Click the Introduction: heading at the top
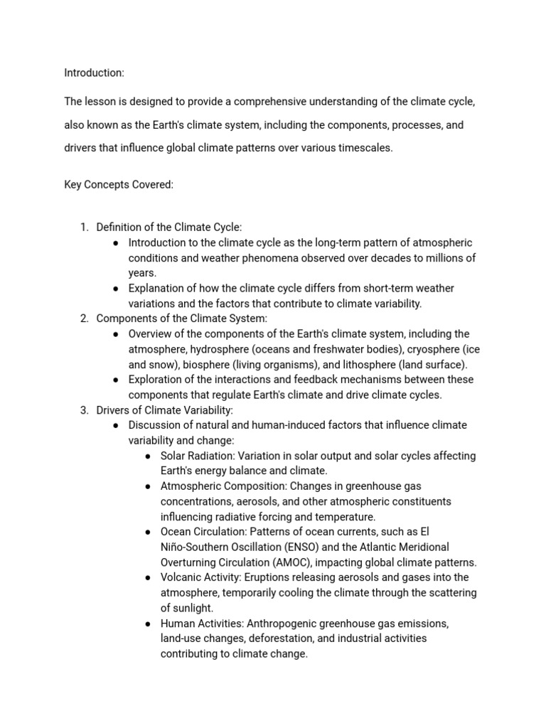pyautogui.click(x=94, y=73)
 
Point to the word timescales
pyautogui.click(x=362, y=148)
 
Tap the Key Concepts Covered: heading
pyautogui.click(x=119, y=185)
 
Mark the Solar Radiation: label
pyautogui.click(x=198, y=456)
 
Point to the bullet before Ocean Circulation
pyautogui.click(x=147, y=532)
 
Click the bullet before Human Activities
pyautogui.click(x=147, y=623)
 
